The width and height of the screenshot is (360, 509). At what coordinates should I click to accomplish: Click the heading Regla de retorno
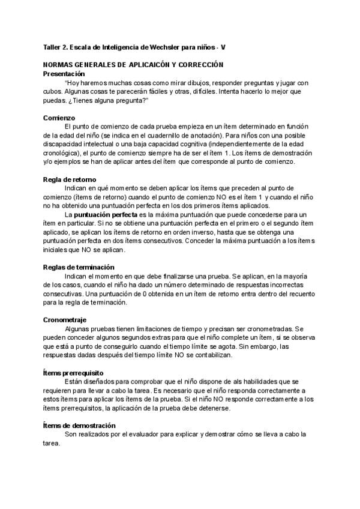coord(70,179)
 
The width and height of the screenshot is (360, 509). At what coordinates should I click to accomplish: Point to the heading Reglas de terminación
coord(79,267)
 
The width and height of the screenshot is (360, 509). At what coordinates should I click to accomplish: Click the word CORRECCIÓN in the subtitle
coord(198,64)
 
